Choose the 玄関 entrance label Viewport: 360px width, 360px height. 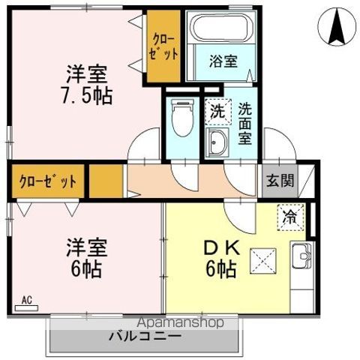277,181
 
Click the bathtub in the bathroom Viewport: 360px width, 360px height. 223,30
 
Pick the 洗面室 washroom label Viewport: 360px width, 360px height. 244,123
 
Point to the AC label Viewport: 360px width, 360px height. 27,301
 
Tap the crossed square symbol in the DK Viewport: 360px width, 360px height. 264,262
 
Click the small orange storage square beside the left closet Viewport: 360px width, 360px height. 105,181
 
